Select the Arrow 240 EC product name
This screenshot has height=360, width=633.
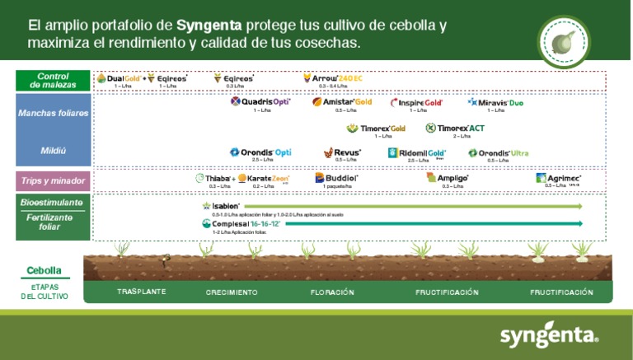333,78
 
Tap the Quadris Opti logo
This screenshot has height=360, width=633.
260,102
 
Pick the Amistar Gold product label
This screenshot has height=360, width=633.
342,102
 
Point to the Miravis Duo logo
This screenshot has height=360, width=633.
495,103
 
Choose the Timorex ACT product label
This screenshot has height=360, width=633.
455,128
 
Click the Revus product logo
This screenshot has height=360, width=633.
342,152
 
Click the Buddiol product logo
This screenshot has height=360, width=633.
336,177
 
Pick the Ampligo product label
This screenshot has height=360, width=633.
448,177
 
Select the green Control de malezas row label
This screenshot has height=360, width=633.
53,80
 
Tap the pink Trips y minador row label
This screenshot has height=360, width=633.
53,180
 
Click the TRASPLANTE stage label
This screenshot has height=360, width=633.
141,292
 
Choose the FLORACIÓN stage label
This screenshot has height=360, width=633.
332,292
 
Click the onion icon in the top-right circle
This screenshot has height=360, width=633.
563,39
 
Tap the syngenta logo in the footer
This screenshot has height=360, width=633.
549,335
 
